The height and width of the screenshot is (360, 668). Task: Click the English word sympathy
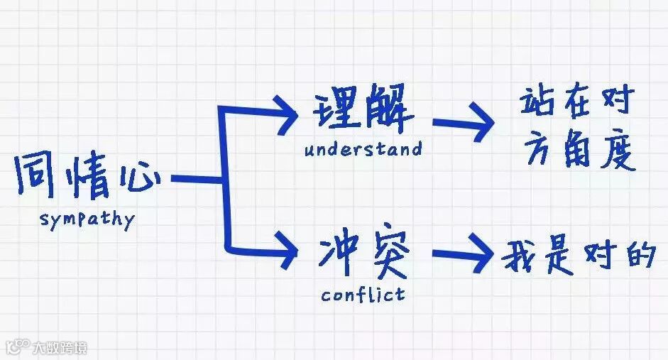pos(87,219)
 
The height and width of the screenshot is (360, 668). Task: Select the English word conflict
pos(363,293)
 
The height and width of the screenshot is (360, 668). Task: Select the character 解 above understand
pos(389,113)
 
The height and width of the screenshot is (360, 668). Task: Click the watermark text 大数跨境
pos(61,348)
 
